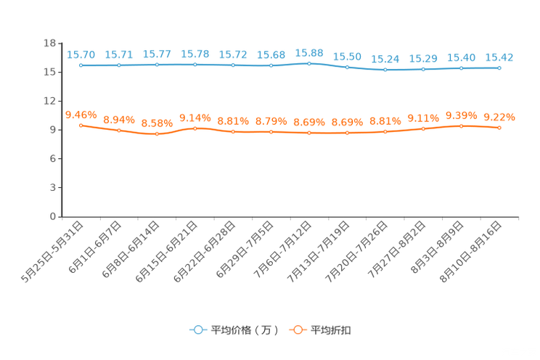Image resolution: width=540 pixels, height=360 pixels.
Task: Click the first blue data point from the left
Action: pyautogui.click(x=81, y=65)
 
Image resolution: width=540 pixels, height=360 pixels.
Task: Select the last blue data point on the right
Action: pyautogui.click(x=499, y=67)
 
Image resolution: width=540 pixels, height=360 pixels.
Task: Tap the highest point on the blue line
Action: pyautogui.click(x=309, y=63)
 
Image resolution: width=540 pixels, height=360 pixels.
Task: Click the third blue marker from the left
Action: pyautogui.click(x=157, y=65)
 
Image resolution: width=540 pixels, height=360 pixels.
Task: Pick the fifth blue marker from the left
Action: pyautogui.click(x=233, y=65)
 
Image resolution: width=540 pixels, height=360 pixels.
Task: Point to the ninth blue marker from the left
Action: pyautogui.click(x=385, y=70)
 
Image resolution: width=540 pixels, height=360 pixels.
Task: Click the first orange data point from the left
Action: pyautogui.click(x=81, y=125)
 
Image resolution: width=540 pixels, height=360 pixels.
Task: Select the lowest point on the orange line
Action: pyautogui.click(x=157, y=134)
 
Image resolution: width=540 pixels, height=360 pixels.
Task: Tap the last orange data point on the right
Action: pyautogui.click(x=499, y=128)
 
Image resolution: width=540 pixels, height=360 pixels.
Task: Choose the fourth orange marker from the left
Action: pyautogui.click(x=195, y=128)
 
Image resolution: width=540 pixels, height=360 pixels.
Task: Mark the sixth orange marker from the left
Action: pyautogui.click(x=271, y=132)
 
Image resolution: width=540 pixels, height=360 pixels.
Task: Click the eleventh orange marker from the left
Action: pyautogui.click(x=461, y=126)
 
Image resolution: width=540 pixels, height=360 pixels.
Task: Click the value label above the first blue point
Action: pyautogui.click(x=81, y=54)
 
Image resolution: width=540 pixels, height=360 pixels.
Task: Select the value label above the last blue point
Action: pyautogui.click(x=499, y=57)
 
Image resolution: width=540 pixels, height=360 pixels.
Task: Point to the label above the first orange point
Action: pyautogui.click(x=81, y=114)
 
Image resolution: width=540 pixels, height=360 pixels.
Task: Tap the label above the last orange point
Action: pyautogui.click(x=499, y=117)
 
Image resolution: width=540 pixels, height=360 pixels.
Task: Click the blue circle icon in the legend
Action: pyautogui.click(x=197, y=330)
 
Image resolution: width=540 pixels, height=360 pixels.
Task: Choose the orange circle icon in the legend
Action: pyautogui.click(x=297, y=330)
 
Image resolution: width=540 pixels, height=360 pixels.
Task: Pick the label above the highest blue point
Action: pyautogui.click(x=309, y=53)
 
